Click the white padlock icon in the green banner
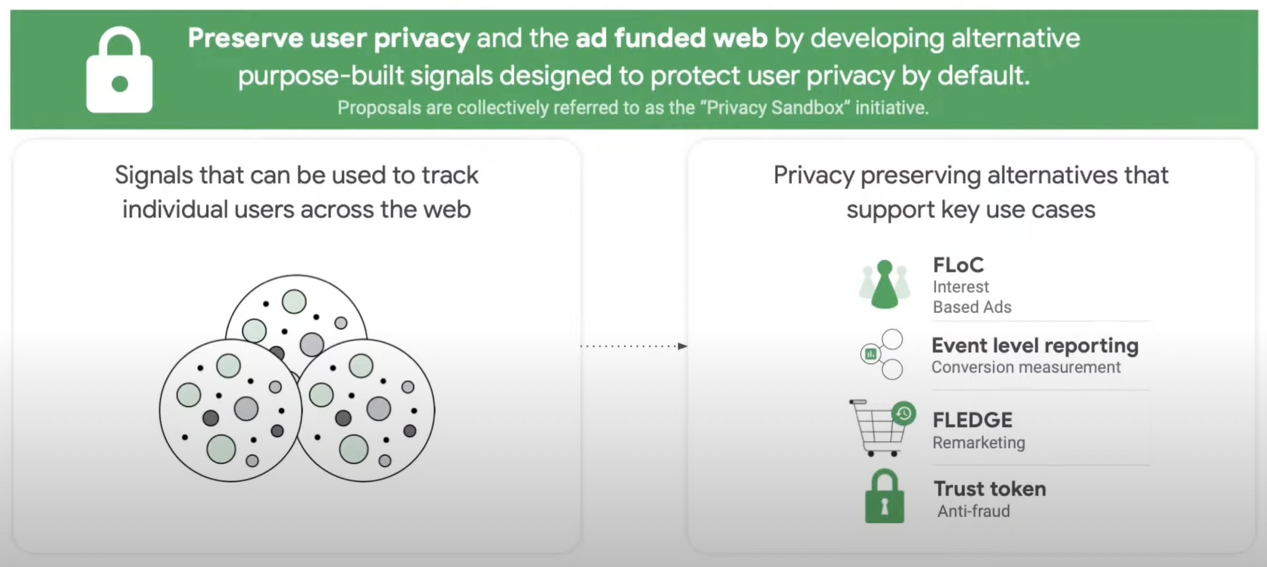(119, 72)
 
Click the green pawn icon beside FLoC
(884, 285)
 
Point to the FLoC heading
(958, 265)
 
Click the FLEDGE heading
(972, 420)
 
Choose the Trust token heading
(990, 489)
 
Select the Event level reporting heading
(1035, 345)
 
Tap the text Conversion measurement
(1026, 367)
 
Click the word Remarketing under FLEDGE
(979, 442)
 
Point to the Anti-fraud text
(974, 511)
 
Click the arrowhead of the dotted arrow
(682, 346)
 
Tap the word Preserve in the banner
(245, 38)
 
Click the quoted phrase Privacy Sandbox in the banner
(775, 108)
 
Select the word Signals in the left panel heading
(153, 175)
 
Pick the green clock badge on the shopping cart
(904, 413)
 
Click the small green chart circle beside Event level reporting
(870, 354)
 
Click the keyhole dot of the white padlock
(120, 84)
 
